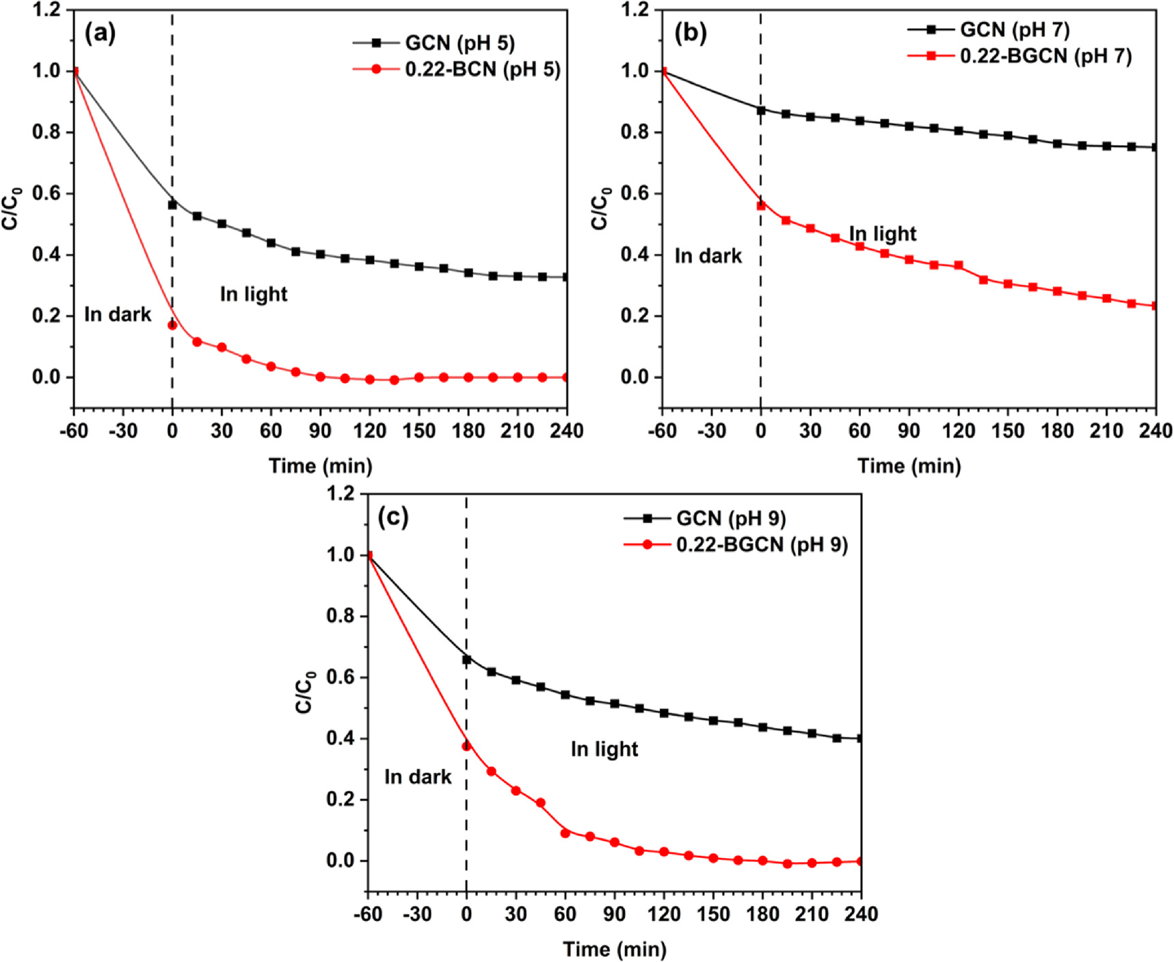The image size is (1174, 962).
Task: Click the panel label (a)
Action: (100, 33)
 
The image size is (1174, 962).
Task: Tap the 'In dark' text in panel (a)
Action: (118, 315)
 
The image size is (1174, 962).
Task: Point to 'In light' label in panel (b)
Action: (882, 234)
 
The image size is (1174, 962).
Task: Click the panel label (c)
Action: (393, 517)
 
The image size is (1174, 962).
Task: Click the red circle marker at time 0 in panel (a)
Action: (172, 325)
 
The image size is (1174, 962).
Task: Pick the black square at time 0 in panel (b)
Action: (761, 109)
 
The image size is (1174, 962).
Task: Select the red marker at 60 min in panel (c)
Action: (565, 833)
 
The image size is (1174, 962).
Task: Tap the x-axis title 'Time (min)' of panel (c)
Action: (615, 949)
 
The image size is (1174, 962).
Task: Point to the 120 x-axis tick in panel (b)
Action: (959, 431)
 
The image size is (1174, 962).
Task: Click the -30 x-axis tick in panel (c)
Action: (417, 914)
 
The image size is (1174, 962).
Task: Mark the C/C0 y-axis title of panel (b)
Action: (600, 208)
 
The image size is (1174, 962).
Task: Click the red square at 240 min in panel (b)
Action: (1155, 306)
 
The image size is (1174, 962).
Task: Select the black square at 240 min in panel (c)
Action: (859, 738)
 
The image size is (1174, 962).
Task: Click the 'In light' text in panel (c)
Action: (604, 749)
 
